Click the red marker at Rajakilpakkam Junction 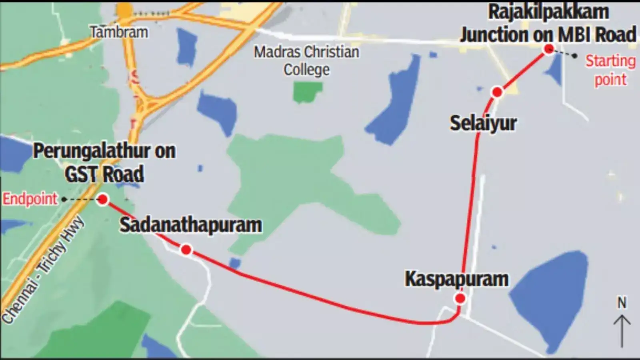point(549,49)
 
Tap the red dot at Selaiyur point(497,92)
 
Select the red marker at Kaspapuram point(460,298)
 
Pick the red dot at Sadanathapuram point(186,250)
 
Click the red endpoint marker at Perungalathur point(103,199)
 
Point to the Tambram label point(119,32)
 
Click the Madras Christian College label point(307,60)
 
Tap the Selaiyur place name point(483,123)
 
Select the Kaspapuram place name point(456,279)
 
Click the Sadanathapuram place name point(191,225)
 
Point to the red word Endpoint point(30,199)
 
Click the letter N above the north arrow point(622,303)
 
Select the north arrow point(622,330)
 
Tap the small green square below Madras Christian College point(307,91)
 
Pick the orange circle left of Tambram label point(125,10)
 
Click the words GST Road point(104,174)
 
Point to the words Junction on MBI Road point(548,34)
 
